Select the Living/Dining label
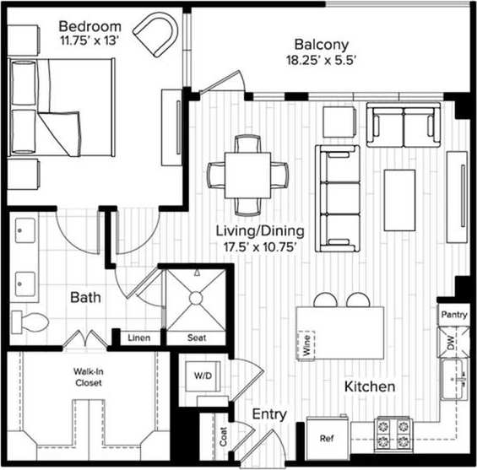(259, 230)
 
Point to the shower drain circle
(196, 297)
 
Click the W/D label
(202, 374)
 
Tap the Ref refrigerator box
(327, 440)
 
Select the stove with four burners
(392, 433)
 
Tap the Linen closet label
(138, 338)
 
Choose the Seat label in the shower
(196, 338)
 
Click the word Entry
(269, 415)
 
